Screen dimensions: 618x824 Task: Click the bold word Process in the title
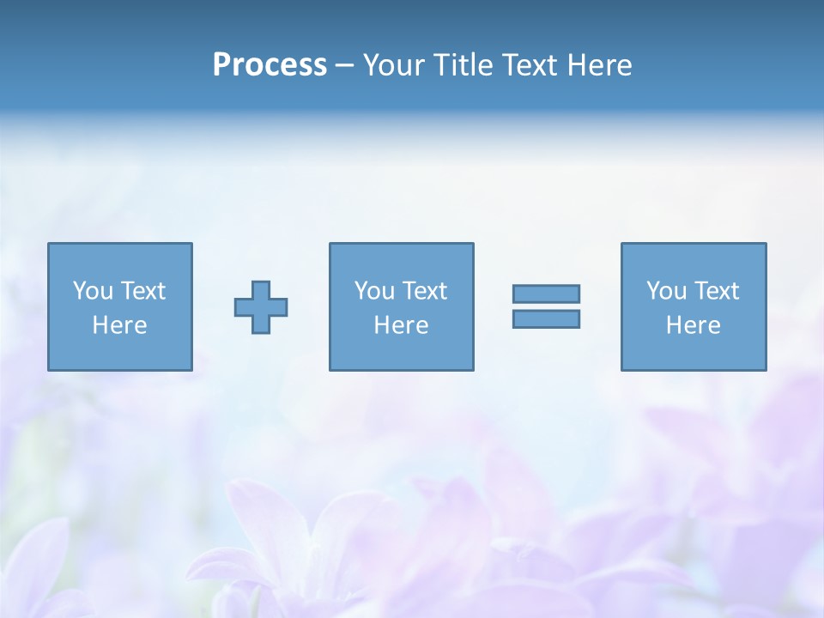[x=270, y=65]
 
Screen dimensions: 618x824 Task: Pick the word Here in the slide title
[x=600, y=65]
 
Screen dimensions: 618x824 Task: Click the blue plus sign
[x=261, y=306]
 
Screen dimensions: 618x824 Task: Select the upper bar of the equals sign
[x=546, y=294]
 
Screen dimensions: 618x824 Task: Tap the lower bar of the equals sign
[x=546, y=318]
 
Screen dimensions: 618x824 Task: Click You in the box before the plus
[x=93, y=291]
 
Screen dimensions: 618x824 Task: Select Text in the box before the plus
[x=142, y=291]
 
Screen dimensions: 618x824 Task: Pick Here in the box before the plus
[x=119, y=325]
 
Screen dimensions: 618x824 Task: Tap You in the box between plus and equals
[x=374, y=291]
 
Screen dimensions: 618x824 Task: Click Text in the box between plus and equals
[x=423, y=291]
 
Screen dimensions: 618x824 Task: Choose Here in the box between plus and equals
[x=401, y=325]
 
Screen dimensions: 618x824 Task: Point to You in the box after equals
[x=666, y=291]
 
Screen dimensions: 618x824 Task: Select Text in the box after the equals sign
[x=715, y=291]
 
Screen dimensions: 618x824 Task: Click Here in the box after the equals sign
[x=693, y=325]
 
